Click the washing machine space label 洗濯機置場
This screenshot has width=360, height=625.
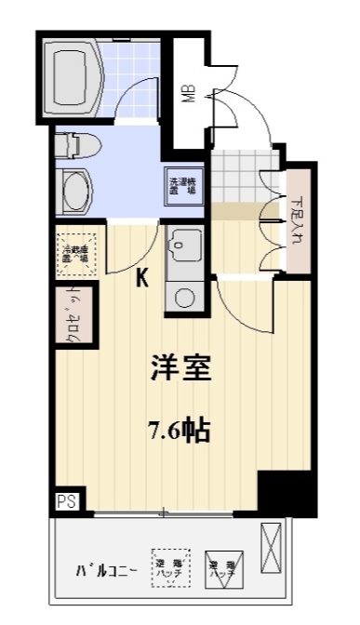coord(181,184)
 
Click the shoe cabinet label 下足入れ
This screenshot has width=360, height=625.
coord(296,220)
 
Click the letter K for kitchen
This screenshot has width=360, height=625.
coord(144,277)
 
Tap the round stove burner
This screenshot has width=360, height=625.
coord(183,299)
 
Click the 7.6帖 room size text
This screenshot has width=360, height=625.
coord(179,430)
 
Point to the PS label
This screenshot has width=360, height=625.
coord(67,501)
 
